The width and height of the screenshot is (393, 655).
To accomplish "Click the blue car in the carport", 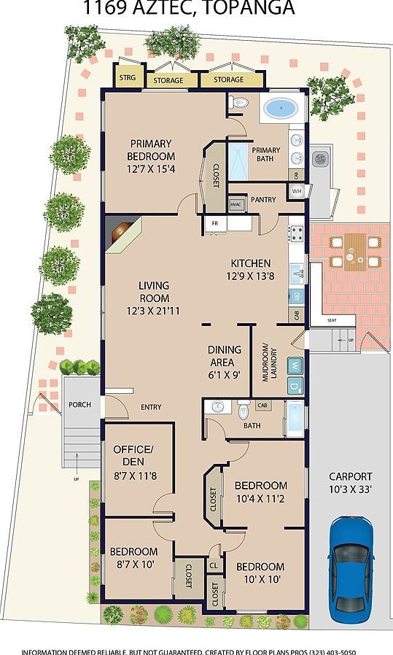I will [353, 569].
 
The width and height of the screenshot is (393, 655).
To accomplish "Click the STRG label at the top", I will [128, 77].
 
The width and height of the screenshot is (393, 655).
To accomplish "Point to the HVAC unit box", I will [236, 205].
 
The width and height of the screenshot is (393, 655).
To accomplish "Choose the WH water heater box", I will [296, 191].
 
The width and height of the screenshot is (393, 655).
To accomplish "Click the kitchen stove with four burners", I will [297, 234].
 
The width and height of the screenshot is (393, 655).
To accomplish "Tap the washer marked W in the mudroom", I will [295, 364].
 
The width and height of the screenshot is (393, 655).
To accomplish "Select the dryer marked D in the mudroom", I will [295, 384].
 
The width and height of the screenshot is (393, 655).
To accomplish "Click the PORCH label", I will [79, 405].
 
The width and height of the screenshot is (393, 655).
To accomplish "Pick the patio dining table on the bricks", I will [354, 252].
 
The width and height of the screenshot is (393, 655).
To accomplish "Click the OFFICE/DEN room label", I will [133, 455].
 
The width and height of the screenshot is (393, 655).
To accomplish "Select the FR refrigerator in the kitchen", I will [216, 222].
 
